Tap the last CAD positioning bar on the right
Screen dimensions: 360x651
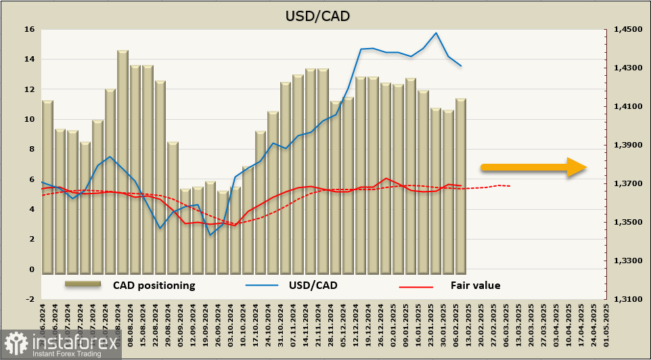pyautogui.click(x=461, y=185)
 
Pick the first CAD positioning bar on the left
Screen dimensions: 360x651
pyautogui.click(x=47, y=186)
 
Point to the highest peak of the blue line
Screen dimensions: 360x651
pyautogui.click(x=436, y=32)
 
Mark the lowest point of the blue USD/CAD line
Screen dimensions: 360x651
pyautogui.click(x=210, y=235)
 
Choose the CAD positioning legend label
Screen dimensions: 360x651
pyautogui.click(x=154, y=285)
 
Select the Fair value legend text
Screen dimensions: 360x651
pyautogui.click(x=475, y=285)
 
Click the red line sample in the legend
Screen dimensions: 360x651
pyautogui.click(x=416, y=286)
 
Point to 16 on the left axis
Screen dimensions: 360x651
pyautogui.click(x=28, y=30)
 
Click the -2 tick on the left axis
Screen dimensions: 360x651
pyautogui.click(x=28, y=299)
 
